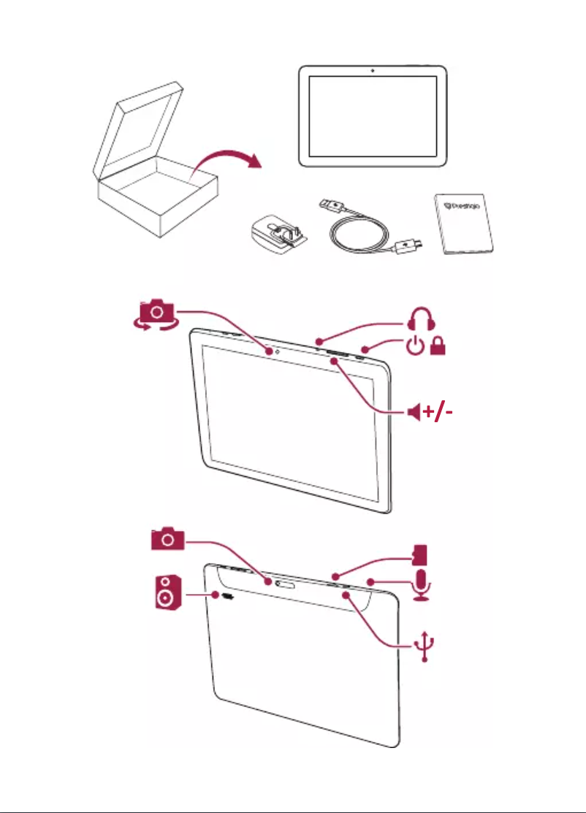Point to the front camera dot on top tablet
pos(373,71)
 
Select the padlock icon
pos(439,348)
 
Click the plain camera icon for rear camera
pos(168,539)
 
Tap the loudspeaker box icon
pos(166,592)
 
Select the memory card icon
pos(420,554)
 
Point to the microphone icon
pos(422,584)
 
